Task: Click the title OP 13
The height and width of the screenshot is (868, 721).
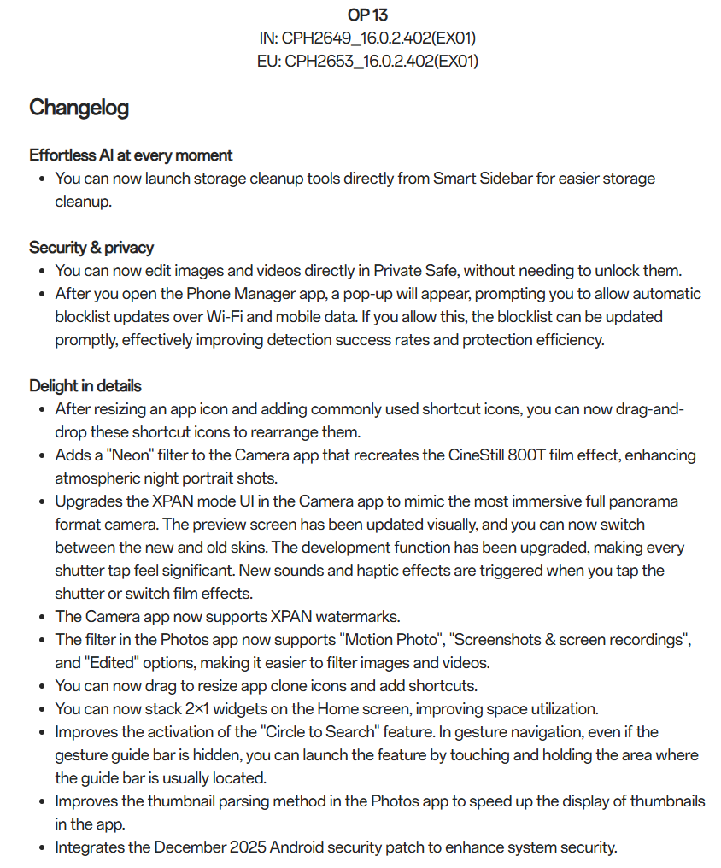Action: tap(367, 15)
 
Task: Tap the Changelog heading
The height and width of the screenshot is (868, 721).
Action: tap(79, 108)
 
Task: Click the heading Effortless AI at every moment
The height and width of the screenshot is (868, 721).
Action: tap(131, 155)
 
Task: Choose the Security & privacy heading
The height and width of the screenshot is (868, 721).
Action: tap(91, 248)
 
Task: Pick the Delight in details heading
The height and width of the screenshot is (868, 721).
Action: tap(85, 385)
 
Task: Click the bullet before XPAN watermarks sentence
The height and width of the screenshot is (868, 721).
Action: tap(43, 617)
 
